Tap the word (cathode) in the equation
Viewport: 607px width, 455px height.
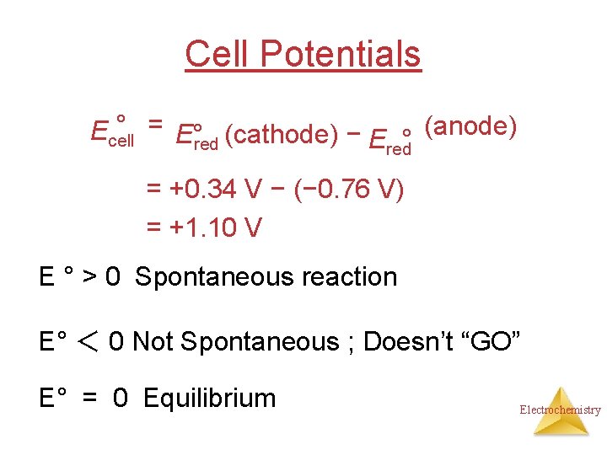[x=282, y=134]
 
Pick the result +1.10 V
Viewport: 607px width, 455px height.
[x=216, y=227]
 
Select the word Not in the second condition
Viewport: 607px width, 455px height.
[x=152, y=342]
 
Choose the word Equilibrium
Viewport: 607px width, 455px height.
[x=210, y=398]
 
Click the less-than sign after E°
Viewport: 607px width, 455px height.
[x=89, y=342]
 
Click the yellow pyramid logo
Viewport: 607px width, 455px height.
[x=560, y=410]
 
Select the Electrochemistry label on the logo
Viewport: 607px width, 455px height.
[x=560, y=410]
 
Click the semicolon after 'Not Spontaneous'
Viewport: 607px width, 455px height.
[x=350, y=344]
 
